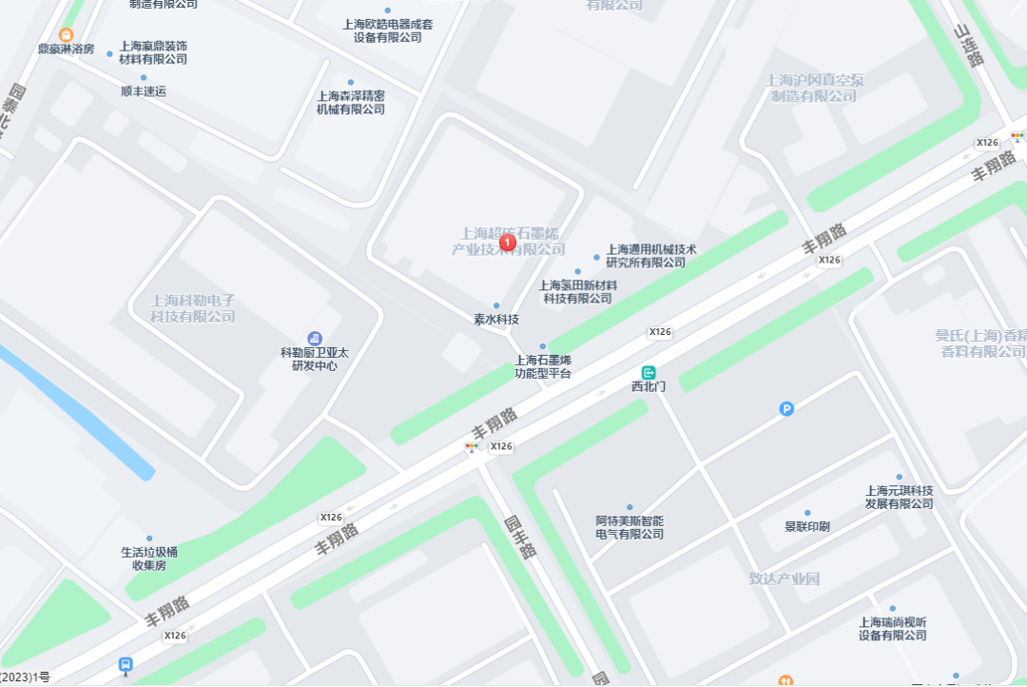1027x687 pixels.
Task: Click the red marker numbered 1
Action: tap(508, 243)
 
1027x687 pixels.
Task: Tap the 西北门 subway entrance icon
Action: tap(649, 373)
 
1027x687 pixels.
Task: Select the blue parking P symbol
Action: tap(786, 409)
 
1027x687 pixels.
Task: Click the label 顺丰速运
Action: tap(144, 91)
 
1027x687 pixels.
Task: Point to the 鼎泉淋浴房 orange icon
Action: tap(66, 35)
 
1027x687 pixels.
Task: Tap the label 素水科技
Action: tap(496, 319)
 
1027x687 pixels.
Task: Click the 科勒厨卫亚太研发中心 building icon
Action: tap(315, 339)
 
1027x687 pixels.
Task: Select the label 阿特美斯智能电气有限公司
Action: tap(630, 527)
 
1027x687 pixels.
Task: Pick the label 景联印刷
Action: tap(807, 526)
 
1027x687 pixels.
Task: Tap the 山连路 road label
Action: tap(968, 47)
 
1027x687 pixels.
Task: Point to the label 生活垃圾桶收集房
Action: tap(149, 558)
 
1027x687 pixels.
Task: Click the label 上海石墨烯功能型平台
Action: tap(543, 366)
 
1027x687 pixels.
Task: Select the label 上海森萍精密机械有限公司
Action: tap(351, 102)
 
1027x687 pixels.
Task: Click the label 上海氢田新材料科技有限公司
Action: tap(578, 291)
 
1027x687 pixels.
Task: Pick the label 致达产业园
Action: tap(784, 579)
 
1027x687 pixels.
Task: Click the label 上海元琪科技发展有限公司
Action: tap(899, 497)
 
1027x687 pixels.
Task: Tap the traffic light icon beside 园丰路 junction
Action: tap(473, 446)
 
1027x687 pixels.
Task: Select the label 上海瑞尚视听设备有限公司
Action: tap(892, 628)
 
